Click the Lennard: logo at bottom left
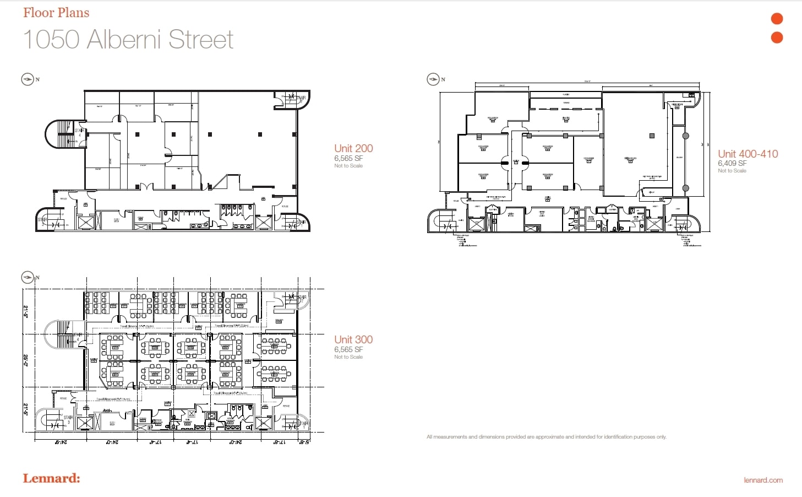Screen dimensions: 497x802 [x=51, y=478]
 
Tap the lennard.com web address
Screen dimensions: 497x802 [x=763, y=480]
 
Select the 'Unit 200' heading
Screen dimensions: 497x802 [x=353, y=148]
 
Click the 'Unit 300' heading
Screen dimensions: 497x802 [x=353, y=339]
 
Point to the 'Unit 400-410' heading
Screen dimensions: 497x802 [x=748, y=154]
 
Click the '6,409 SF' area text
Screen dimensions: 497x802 [x=732, y=163]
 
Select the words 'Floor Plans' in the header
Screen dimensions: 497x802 [x=56, y=13]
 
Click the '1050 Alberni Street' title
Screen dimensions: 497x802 [x=128, y=40]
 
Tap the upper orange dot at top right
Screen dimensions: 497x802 [x=777, y=19]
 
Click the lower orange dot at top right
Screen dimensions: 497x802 [x=777, y=37]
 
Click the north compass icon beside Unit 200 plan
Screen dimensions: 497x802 [x=28, y=79]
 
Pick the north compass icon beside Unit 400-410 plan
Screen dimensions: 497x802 [x=433, y=79]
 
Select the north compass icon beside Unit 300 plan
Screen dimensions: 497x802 [x=28, y=277]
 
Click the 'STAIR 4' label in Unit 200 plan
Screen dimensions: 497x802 [x=79, y=133]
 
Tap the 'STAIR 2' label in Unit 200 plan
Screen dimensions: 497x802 [x=42, y=222]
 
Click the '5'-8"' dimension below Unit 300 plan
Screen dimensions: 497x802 [x=304, y=442]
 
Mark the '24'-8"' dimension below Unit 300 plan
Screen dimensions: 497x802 [x=61, y=442]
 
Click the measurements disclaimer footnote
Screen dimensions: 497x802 [x=546, y=437]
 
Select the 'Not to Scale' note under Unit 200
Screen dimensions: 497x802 [x=348, y=166]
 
